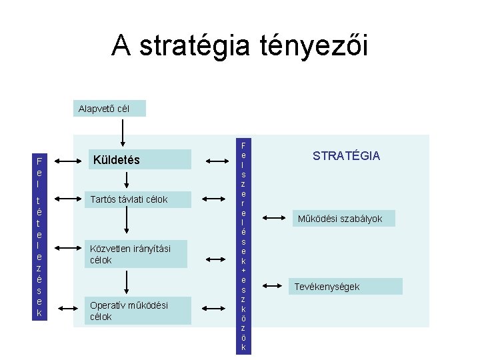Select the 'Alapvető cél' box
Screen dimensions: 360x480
(109, 108)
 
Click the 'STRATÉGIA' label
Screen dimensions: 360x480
(347, 156)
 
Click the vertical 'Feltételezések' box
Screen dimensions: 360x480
(40, 237)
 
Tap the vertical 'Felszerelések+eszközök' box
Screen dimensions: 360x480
(243, 246)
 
